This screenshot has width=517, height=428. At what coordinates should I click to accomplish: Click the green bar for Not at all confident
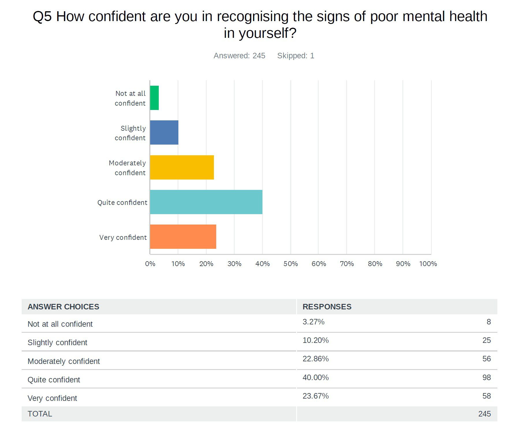pyautogui.click(x=154, y=98)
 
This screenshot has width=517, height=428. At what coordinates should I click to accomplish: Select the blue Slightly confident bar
pyautogui.click(x=164, y=132)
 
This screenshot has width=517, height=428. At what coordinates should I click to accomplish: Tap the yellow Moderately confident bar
pyautogui.click(x=182, y=167)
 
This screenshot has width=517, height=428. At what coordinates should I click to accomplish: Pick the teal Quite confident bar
pyautogui.click(x=206, y=202)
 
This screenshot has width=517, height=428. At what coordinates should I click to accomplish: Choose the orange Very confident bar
pyautogui.click(x=183, y=237)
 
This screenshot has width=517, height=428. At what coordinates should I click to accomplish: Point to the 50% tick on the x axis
pyautogui.click(x=290, y=264)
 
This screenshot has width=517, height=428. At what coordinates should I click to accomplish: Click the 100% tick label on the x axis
pyautogui.click(x=428, y=264)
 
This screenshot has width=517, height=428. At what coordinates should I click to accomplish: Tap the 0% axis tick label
pyautogui.click(x=150, y=264)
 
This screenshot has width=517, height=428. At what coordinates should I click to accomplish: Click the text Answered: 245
pyautogui.click(x=239, y=56)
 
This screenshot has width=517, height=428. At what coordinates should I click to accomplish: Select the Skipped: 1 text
pyautogui.click(x=296, y=56)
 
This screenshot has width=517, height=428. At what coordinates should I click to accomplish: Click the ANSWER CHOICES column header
pyautogui.click(x=63, y=307)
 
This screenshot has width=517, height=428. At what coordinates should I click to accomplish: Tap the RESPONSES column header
pyautogui.click(x=327, y=307)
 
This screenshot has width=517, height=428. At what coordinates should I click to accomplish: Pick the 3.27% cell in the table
pyautogui.click(x=313, y=322)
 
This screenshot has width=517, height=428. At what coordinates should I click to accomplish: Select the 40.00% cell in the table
pyautogui.click(x=316, y=377)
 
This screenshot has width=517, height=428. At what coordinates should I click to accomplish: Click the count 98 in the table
pyautogui.click(x=486, y=377)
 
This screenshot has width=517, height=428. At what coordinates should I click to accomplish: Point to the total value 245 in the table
pyautogui.click(x=484, y=414)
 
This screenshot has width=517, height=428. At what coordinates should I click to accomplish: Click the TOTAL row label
pyautogui.click(x=40, y=414)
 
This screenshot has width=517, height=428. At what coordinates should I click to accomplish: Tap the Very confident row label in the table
pyautogui.click(x=52, y=398)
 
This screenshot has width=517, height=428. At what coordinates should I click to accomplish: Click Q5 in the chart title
pyautogui.click(x=42, y=16)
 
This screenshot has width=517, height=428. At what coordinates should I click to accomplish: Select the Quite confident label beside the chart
pyautogui.click(x=122, y=203)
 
